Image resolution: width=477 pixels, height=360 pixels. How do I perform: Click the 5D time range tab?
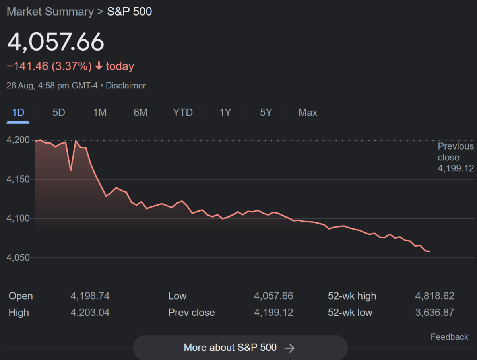point(58,113)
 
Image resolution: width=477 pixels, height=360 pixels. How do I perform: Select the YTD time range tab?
point(183,113)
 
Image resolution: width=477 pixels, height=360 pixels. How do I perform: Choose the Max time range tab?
point(308,113)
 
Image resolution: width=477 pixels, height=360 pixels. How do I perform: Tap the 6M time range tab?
point(140,113)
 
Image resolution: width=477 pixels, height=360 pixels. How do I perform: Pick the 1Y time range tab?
point(225,113)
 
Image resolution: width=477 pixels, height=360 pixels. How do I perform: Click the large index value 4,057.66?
point(56,42)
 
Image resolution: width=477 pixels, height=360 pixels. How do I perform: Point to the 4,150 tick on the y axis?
point(18,179)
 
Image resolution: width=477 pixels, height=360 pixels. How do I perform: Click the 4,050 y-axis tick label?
point(18,258)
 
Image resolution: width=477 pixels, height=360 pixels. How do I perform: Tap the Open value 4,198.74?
point(90,296)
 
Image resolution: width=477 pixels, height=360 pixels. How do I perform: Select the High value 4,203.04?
point(90,313)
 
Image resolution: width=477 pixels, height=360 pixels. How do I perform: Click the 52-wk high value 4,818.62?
point(434,296)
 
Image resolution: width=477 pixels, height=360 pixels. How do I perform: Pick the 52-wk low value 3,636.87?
point(434,313)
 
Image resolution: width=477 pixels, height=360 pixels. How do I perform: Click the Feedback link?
point(449,337)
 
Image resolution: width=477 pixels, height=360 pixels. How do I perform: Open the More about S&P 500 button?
point(240,348)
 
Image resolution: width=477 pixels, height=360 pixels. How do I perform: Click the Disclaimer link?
point(126,86)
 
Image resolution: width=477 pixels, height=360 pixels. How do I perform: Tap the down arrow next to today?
point(99,66)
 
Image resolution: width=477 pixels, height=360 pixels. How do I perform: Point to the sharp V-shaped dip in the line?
point(71,170)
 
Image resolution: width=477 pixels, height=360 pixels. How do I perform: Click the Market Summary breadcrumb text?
point(50,12)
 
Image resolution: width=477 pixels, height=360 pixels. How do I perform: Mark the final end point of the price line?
point(430,251)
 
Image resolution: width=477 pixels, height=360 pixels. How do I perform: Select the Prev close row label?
point(191,313)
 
